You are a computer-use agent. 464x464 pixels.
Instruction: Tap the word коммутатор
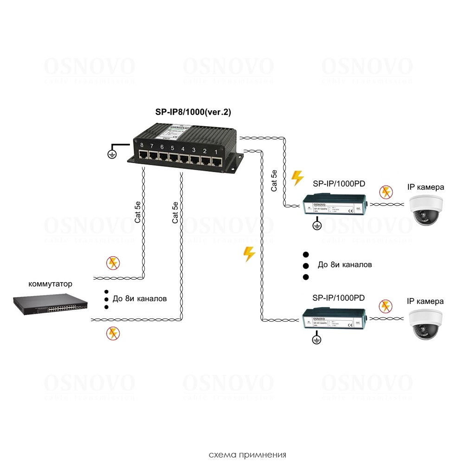(51, 284)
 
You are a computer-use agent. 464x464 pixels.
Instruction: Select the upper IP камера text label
(425, 187)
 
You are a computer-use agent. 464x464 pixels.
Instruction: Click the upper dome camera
(426, 210)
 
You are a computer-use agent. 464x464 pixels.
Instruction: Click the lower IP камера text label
(425, 302)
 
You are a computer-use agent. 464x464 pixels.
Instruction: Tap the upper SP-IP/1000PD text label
(339, 184)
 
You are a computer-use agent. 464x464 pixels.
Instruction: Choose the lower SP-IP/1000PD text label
(338, 297)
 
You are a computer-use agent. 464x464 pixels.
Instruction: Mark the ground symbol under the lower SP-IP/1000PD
(316, 340)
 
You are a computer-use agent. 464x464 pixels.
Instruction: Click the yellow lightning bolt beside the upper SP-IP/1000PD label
(297, 178)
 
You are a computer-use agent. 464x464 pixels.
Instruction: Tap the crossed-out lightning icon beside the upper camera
(385, 192)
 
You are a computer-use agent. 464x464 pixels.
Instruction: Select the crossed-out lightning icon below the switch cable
(112, 332)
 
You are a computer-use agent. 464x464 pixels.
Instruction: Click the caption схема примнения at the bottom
(247, 454)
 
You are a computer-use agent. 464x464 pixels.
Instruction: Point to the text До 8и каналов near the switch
(139, 299)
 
